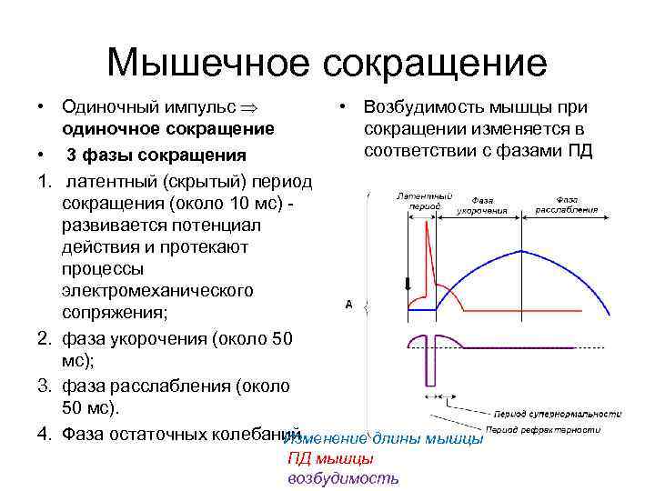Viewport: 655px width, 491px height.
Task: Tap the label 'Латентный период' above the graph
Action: (423, 201)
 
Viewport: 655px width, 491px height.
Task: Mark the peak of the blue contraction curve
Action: (521, 250)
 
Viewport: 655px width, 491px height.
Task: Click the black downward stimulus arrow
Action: (408, 283)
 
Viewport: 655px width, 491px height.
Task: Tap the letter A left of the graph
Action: (348, 305)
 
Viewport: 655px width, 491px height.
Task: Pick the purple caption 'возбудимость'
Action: (342, 478)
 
